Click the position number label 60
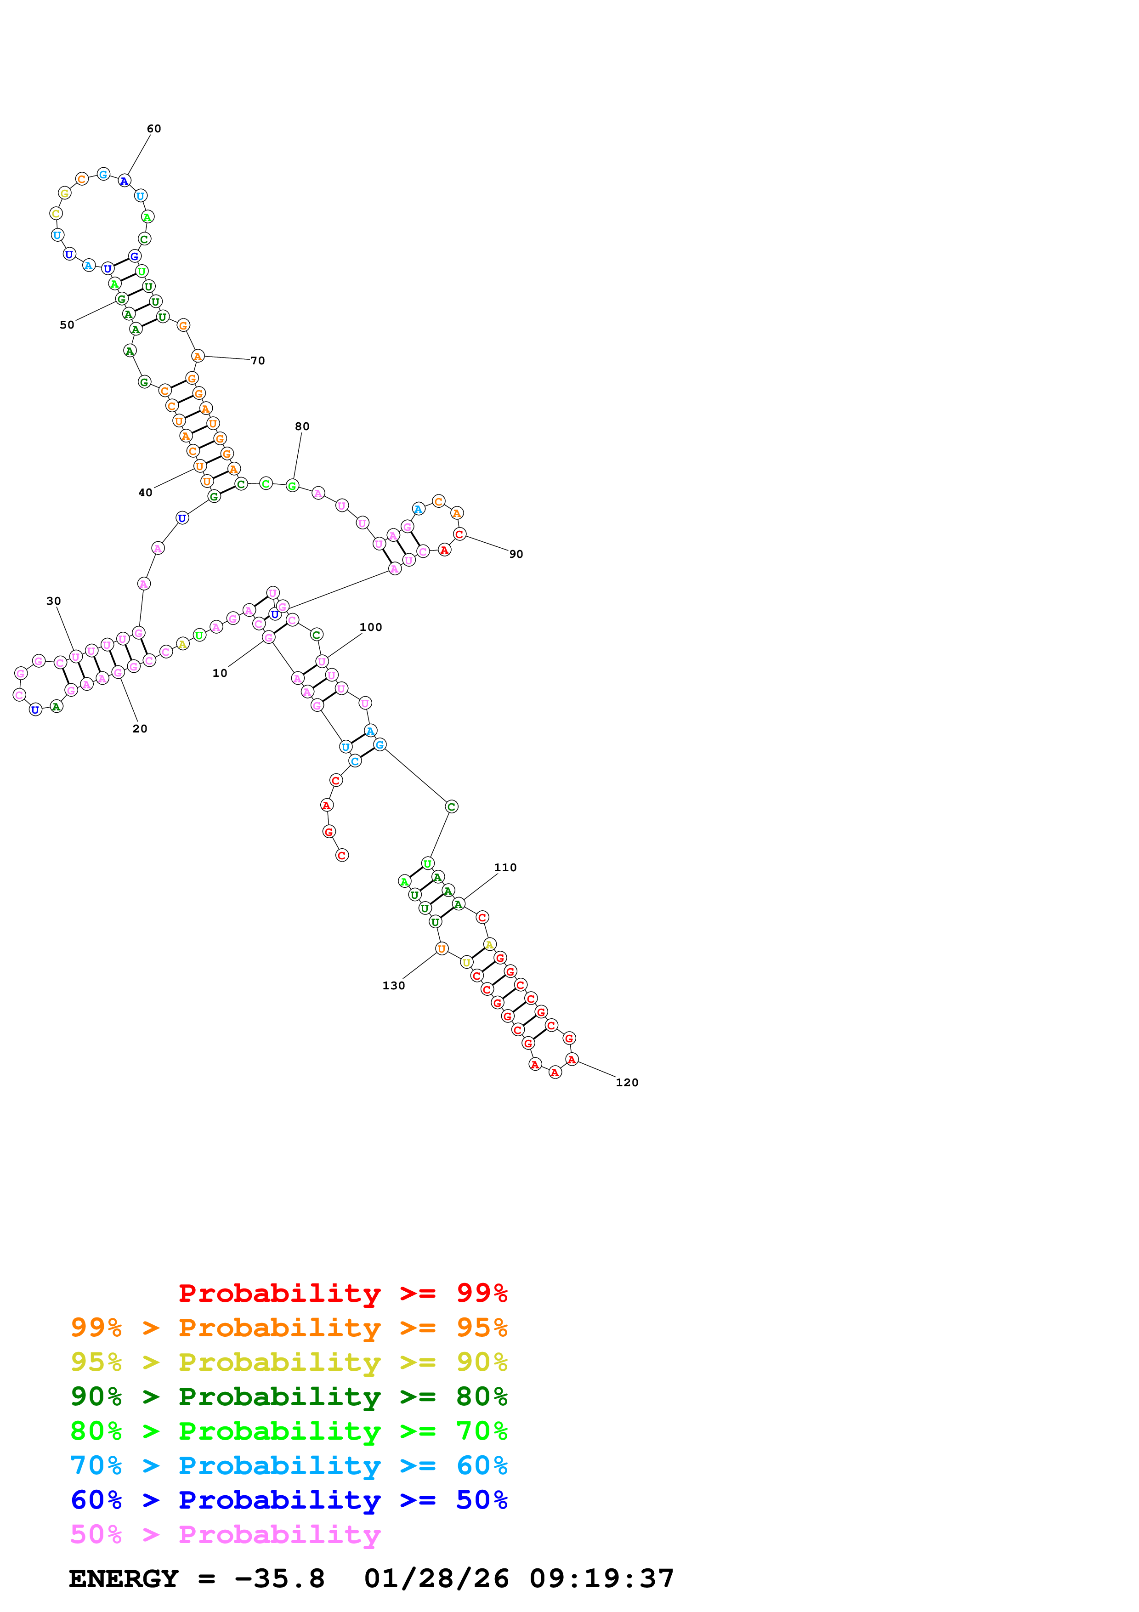coord(154,129)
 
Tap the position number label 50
coord(67,325)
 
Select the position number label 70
coord(258,361)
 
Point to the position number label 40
coord(145,493)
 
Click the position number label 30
coord(53,601)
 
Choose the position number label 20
coord(140,729)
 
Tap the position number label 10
coord(220,673)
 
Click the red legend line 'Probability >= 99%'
coord(342,1293)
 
